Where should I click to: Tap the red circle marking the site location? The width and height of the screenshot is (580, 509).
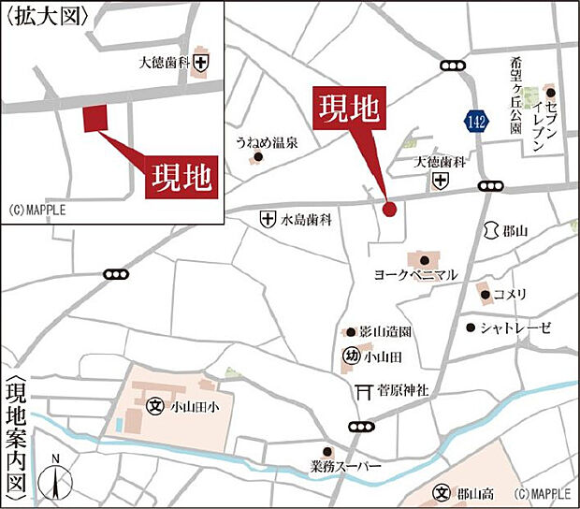[x=389, y=210]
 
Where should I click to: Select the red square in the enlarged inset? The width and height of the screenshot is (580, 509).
[x=95, y=119]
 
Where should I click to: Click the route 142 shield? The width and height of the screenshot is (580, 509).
[x=476, y=119]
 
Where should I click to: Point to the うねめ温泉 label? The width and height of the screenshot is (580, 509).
[x=267, y=143]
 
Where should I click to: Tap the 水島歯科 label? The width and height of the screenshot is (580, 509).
[x=308, y=220]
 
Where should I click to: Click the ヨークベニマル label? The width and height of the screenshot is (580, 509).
[x=415, y=275]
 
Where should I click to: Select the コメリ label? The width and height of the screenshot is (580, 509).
[x=511, y=295]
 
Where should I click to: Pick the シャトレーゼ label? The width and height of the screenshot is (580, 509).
[x=516, y=327]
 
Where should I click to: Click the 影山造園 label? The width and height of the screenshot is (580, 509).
[x=385, y=332]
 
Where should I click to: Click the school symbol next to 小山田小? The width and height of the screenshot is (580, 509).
[x=155, y=407]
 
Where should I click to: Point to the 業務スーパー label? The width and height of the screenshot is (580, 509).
[x=347, y=465]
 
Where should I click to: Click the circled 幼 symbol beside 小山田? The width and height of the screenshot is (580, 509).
[x=351, y=356]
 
